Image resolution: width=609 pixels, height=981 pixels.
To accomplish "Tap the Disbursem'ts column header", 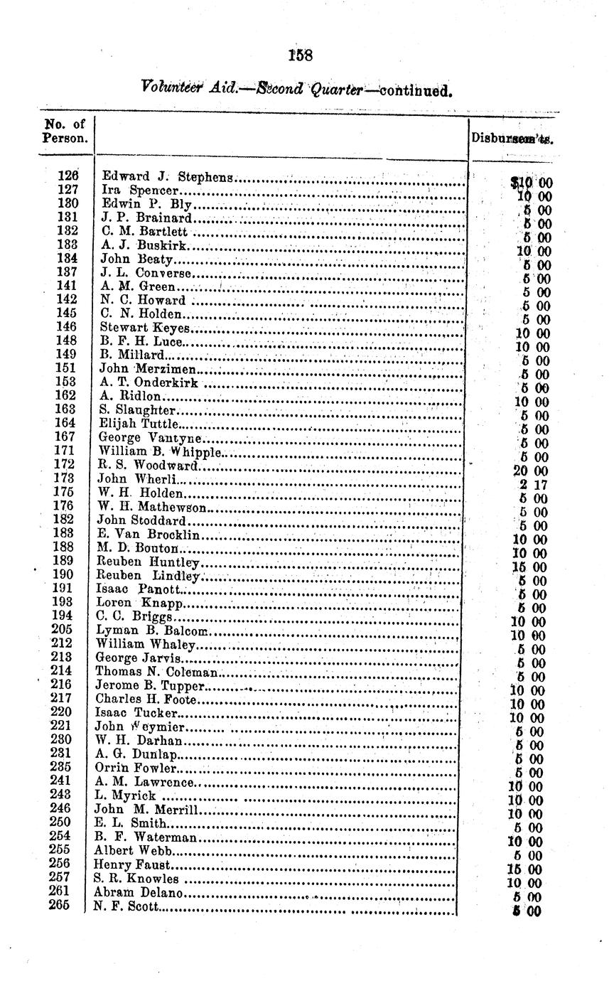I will [x=512, y=139].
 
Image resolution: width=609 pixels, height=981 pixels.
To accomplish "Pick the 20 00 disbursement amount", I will [x=529, y=471].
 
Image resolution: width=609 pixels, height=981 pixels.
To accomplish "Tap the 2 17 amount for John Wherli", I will [x=532, y=485].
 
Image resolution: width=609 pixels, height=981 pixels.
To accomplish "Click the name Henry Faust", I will [x=133, y=865].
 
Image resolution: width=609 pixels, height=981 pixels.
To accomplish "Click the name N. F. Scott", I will [x=127, y=906].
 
